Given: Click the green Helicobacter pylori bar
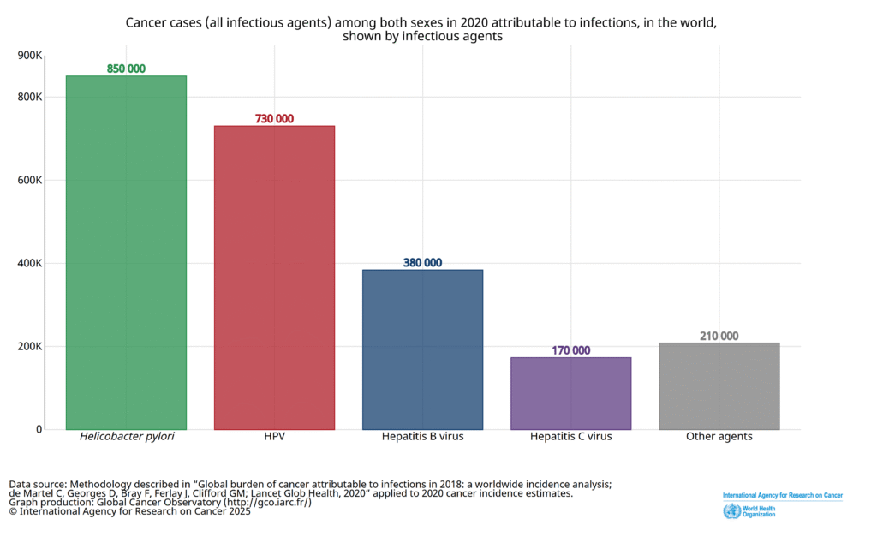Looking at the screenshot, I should (126, 253).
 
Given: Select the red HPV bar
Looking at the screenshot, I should (274, 277).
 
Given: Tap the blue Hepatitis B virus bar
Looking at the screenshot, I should (422, 349).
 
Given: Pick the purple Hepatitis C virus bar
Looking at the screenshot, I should (570, 393).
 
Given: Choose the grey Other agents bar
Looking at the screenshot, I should (719, 386).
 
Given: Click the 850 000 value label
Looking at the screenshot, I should (126, 69).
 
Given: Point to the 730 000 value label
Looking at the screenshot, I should (274, 119).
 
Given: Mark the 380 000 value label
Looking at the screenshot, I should (422, 263).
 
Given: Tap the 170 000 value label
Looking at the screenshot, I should (570, 350).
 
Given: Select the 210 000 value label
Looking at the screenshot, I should (719, 337).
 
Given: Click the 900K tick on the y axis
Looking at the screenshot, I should (30, 56).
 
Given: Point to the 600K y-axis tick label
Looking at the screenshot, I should (30, 180).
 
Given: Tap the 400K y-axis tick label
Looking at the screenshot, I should (30, 263).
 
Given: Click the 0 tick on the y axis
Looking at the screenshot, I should (39, 429).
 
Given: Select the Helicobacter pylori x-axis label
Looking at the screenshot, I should (127, 437).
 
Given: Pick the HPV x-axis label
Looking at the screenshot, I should (275, 437).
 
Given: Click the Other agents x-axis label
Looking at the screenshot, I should (719, 437).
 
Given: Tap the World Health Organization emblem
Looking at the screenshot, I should (731, 512).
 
